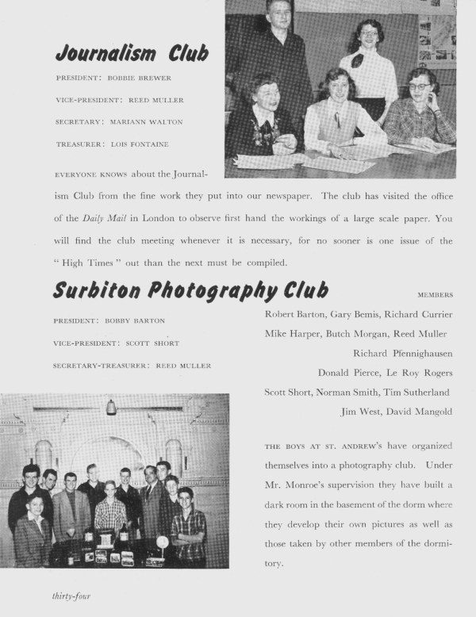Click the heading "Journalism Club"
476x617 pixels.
(x=132, y=53)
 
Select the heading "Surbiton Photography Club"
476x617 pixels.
(x=190, y=289)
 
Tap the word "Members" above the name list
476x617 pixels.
(x=435, y=294)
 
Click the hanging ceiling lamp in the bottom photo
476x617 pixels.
(x=111, y=407)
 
